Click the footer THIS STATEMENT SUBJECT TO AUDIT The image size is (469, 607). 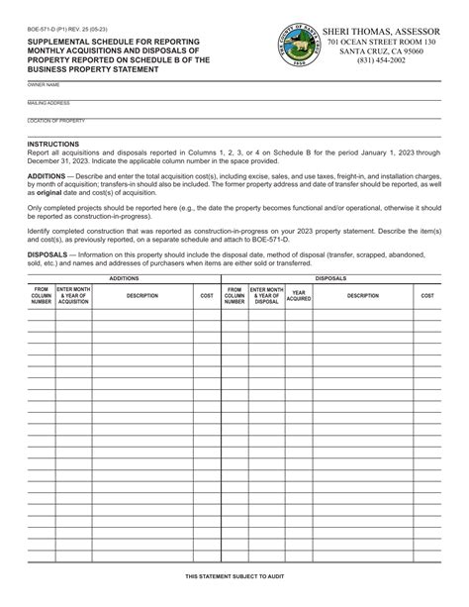coord(234,575)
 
